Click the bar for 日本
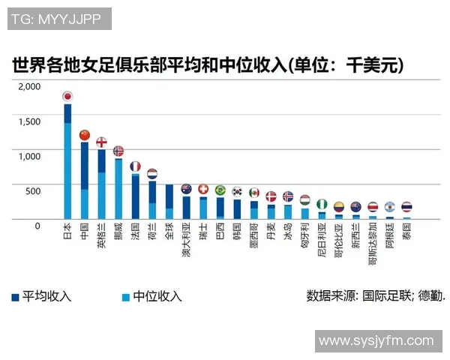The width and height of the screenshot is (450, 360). click(x=67, y=161)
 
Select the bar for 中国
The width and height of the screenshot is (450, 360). click(x=84, y=180)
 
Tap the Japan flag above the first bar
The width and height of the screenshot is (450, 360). click(x=67, y=96)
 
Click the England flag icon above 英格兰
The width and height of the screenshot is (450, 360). click(x=101, y=142)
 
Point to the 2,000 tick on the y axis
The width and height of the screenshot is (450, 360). click(x=29, y=86)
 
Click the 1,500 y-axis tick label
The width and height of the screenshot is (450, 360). click(x=29, y=121)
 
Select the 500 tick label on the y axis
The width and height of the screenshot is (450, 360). click(x=33, y=190)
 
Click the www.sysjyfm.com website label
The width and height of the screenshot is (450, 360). click(x=376, y=341)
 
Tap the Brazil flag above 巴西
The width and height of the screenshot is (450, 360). click(x=220, y=190)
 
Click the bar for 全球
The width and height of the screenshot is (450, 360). click(x=169, y=202)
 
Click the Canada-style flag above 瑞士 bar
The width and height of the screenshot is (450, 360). click(x=203, y=189)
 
